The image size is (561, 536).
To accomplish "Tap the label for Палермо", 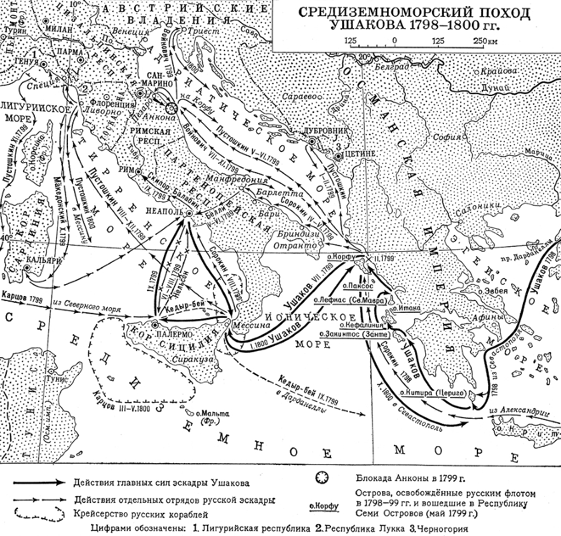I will pos(170,333).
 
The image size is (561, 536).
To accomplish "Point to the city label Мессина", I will pos(244,325).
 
